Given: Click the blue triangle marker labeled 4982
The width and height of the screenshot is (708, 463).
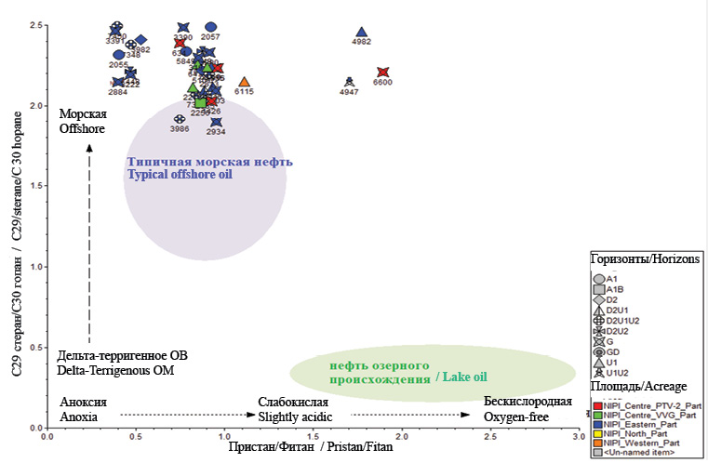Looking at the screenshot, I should coord(362,33).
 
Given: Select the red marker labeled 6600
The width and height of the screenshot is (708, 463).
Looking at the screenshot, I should coord(382,73).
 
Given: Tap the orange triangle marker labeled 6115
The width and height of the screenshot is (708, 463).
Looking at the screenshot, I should coord(244,83).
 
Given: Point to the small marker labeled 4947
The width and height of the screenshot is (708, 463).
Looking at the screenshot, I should coord(349,82).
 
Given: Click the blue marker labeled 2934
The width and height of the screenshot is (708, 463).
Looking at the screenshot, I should coord(216,122).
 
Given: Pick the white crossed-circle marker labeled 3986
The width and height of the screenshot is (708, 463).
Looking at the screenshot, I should coord(180,119).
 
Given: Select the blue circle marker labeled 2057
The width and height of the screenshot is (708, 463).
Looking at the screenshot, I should coord(211,27).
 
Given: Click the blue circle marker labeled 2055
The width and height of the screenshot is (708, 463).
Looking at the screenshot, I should coord(119,55).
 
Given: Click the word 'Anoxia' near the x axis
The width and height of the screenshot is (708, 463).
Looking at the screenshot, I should coord(78,417).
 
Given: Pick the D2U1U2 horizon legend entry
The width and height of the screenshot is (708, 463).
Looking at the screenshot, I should coord(622,321).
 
